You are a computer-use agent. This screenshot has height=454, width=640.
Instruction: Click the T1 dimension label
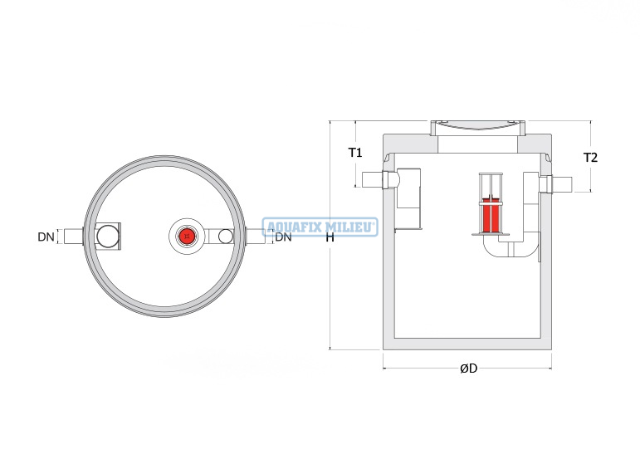355,153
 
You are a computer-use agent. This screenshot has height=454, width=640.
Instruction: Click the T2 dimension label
590,158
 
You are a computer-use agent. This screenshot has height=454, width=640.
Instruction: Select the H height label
330,237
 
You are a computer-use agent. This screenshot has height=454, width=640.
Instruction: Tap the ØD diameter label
468,369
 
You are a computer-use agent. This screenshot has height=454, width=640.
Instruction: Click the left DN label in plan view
46,237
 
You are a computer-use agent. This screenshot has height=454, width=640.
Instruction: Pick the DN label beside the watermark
283,237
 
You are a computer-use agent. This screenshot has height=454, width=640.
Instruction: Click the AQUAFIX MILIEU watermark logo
320,227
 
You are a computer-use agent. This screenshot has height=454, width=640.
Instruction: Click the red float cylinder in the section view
491,216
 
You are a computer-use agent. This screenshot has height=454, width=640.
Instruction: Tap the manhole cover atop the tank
478,128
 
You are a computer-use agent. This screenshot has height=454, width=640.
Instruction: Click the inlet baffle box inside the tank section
408,198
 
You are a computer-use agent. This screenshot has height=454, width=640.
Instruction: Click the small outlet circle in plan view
225,236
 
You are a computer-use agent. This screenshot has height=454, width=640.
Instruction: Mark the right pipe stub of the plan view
256,237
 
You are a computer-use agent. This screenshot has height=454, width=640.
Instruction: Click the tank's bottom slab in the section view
467,344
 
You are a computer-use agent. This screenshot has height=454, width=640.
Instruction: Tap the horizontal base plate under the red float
491,234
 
